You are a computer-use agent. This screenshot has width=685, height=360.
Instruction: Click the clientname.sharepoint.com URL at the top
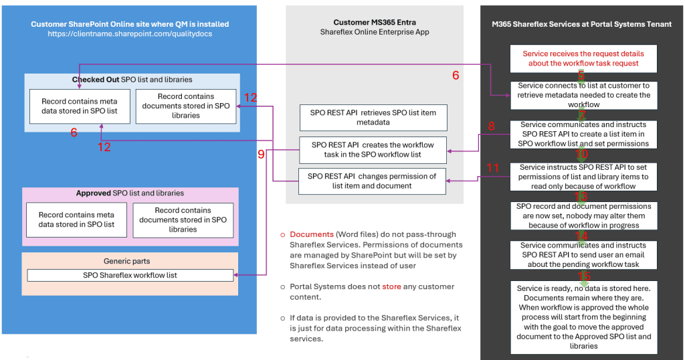tap(130, 33)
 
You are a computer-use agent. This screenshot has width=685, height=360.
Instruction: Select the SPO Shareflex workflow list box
tap(130, 275)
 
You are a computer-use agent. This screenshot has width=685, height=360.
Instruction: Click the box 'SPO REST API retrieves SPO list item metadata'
tap(373, 117)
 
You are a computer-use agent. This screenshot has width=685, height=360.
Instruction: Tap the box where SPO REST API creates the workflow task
tap(373, 150)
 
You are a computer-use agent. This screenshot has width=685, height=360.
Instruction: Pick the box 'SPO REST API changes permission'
tap(372, 181)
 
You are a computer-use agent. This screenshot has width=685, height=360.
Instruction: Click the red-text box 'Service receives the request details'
tap(583, 59)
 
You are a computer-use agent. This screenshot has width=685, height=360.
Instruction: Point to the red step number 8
tap(492, 126)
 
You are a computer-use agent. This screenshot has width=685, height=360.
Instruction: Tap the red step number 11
tap(493, 169)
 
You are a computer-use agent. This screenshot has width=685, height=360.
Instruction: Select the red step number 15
tap(584, 276)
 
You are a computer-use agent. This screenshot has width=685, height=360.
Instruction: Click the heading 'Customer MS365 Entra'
tap(374, 22)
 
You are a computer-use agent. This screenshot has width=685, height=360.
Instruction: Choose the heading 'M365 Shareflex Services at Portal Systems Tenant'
tap(582, 24)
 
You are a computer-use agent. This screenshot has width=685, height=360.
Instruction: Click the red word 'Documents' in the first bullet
tap(312, 235)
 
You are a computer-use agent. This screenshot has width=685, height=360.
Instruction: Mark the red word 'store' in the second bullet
tap(392, 286)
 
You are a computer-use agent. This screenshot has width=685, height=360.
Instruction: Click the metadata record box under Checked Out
tap(74, 106)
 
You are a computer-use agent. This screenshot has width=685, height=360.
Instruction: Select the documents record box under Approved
tap(183, 220)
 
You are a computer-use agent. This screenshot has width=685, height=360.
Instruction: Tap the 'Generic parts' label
tap(130, 262)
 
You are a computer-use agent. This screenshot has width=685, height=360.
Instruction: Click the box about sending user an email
tap(583, 255)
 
